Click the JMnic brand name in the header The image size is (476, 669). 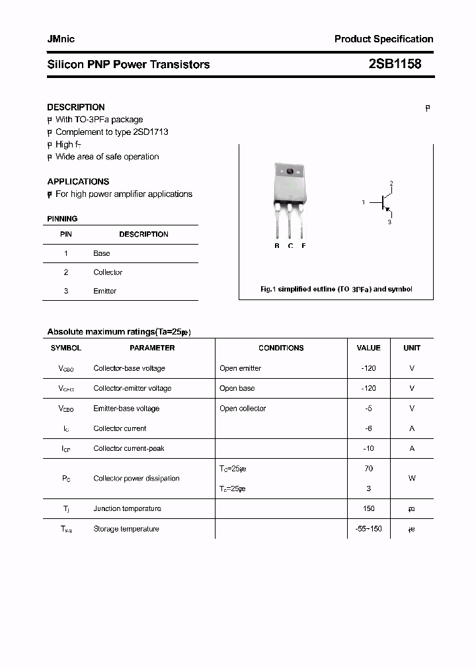click(x=61, y=39)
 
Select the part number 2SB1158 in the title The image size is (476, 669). click(x=394, y=64)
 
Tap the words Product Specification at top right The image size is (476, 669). click(x=383, y=39)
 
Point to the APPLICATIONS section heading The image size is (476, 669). click(x=78, y=181)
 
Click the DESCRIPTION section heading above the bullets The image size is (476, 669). click(x=76, y=107)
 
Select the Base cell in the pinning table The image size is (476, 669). click(x=102, y=253)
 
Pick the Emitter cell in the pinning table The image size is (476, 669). click(x=104, y=291)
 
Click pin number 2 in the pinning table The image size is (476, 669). click(x=66, y=272)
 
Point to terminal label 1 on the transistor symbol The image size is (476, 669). click(x=363, y=202)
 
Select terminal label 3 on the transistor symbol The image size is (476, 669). click(x=389, y=222)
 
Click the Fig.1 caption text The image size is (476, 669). click(x=336, y=290)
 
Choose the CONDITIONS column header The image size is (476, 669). click(x=281, y=348)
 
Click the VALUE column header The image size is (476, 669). click(x=368, y=348)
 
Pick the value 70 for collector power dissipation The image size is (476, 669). click(x=368, y=468)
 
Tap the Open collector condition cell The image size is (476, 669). click(x=243, y=409)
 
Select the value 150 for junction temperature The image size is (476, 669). click(x=368, y=508)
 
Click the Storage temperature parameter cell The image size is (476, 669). click(x=126, y=529)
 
